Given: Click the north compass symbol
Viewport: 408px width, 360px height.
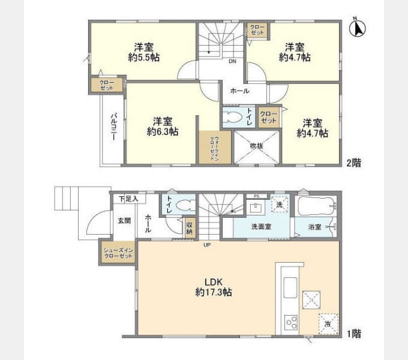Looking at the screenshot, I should click(x=361, y=28).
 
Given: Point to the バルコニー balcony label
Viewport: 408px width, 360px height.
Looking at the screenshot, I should click(x=112, y=127).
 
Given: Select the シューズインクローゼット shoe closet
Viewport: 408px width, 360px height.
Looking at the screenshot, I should click(x=118, y=252).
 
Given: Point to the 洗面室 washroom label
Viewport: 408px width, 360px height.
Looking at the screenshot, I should click(x=261, y=227).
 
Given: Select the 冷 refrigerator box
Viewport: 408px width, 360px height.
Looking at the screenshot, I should click(x=328, y=322).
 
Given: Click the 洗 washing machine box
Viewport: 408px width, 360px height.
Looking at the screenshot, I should click(x=279, y=204).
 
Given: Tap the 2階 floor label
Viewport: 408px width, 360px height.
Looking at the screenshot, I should click(x=353, y=162).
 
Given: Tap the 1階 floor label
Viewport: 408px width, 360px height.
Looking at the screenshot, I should click(x=353, y=332).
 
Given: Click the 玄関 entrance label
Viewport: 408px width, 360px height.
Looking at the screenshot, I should click(x=123, y=220).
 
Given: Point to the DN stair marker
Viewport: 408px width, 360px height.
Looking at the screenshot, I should click(x=232, y=61).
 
